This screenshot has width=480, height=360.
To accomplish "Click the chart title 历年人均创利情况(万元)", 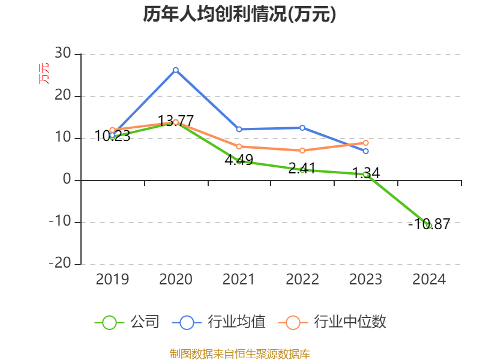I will pyautogui.click(x=239, y=15).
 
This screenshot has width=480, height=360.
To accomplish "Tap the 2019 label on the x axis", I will pyautogui.click(x=112, y=279).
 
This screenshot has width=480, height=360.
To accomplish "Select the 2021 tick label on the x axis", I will pyautogui.click(x=239, y=279).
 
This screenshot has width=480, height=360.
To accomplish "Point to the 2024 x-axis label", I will pyautogui.click(x=429, y=279).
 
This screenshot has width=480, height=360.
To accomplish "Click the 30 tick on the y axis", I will pyautogui.click(x=62, y=55).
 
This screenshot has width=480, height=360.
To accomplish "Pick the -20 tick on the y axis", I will pyautogui.click(x=59, y=264).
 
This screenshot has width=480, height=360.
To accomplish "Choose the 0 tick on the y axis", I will pyautogui.click(x=67, y=180).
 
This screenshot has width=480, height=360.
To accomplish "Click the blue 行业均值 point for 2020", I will pyautogui.click(x=176, y=70).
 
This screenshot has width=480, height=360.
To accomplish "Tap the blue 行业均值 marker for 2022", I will pyautogui.click(x=302, y=128).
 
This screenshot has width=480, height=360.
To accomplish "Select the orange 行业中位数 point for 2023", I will pyautogui.click(x=366, y=143).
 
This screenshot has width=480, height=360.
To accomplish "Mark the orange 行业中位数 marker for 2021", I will pyautogui.click(x=239, y=146).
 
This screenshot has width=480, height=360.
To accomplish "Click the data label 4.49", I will pyautogui.click(x=239, y=161).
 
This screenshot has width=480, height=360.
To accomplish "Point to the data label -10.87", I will pyautogui.click(x=429, y=225).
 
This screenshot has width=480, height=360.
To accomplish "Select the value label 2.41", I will pyautogui.click(x=302, y=169).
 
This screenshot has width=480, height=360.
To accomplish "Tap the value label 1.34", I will pyautogui.click(x=366, y=173).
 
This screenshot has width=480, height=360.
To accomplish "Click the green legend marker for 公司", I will pyautogui.click(x=109, y=322).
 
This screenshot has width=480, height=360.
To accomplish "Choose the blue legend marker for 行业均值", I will pyautogui.click(x=187, y=322).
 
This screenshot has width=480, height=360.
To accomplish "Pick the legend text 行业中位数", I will pyautogui.click(x=350, y=322).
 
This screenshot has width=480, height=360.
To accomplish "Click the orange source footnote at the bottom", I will pyautogui.click(x=240, y=353).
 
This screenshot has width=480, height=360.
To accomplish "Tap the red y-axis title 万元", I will pyautogui.click(x=44, y=74).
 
